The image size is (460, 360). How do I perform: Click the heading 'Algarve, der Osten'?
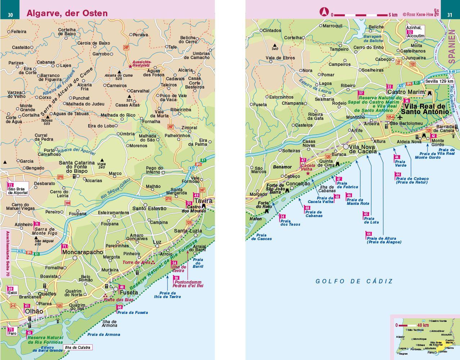(67, 13)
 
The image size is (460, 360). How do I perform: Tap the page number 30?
(10, 15)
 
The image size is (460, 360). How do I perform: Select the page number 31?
(450, 15)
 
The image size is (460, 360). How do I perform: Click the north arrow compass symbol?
(323, 12)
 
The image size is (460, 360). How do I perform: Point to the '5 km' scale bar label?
(393, 15)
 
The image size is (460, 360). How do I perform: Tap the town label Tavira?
(203, 201)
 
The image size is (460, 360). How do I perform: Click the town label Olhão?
(34, 311)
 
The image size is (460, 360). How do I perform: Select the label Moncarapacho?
(82, 252)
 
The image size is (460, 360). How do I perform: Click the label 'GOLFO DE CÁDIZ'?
(354, 281)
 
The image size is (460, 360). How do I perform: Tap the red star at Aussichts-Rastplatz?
(130, 66)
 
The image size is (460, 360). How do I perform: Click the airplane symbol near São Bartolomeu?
(401, 117)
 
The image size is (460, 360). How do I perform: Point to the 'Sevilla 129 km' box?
(439, 81)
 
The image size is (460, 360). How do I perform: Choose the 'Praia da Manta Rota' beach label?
(357, 202)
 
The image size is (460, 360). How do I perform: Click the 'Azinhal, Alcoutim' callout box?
(415, 32)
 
